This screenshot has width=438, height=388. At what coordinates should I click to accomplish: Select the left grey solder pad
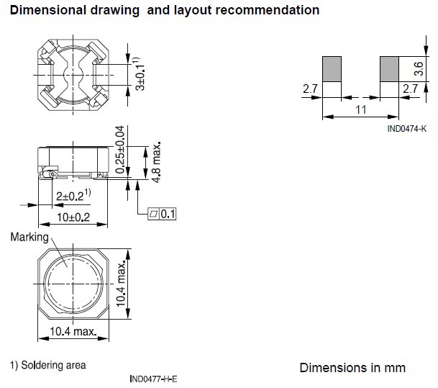coord(331,69)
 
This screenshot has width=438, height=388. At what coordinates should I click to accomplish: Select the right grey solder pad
coord(388,69)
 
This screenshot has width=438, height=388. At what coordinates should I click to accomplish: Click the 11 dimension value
coord(361,110)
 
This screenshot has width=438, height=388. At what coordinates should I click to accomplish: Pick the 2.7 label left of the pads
coord(310,89)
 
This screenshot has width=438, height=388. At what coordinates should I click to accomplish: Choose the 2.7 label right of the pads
coord(410,89)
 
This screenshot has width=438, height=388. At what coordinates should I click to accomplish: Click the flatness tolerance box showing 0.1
coord(162,214)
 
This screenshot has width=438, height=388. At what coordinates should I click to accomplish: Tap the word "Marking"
coord(29,238)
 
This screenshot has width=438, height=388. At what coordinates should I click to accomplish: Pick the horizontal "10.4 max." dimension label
coord(73,332)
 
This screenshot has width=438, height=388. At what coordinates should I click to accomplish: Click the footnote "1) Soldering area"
coord(47,365)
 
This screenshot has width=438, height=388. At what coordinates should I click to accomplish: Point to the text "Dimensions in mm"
coord(352,368)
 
